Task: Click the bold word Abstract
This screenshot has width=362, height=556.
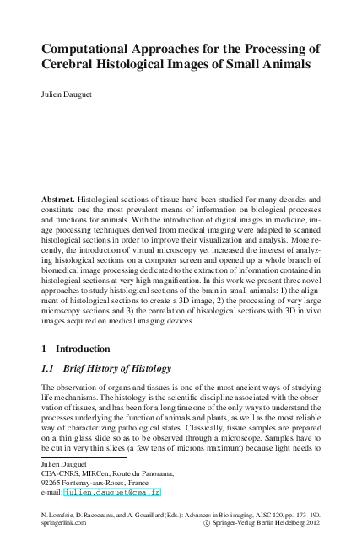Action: (60, 199)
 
